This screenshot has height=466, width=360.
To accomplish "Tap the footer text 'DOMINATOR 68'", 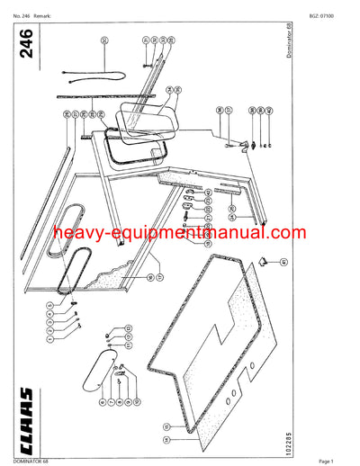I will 18,461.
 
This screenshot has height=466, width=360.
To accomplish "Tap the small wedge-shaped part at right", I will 264,261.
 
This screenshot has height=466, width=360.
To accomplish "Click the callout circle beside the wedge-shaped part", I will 283,262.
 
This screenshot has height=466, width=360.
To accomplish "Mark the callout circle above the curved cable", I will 104,40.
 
